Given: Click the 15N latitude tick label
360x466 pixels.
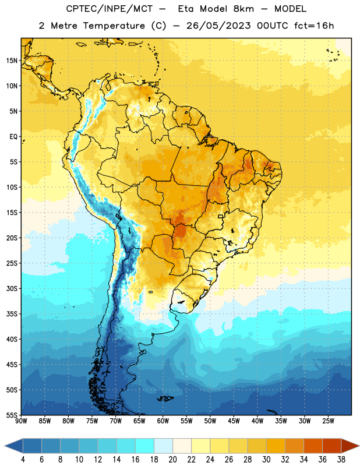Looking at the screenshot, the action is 12,61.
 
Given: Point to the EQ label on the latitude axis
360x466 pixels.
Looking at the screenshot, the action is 13,137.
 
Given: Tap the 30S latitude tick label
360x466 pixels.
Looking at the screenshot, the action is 12,288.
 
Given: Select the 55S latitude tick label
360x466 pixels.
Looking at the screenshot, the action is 12,415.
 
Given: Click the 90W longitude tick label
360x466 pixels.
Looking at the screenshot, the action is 21,421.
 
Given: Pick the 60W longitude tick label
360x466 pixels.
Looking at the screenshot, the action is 163,421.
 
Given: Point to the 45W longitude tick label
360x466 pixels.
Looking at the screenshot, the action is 234,421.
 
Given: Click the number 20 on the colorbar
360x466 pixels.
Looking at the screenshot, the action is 172,460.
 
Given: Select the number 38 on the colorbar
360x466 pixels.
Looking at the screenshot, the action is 341,460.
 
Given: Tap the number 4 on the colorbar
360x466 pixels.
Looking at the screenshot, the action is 23,460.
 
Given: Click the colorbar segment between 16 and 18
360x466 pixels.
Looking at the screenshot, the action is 145,446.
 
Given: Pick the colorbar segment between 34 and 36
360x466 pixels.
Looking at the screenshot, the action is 313,446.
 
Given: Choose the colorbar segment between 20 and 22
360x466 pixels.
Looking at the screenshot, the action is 182,446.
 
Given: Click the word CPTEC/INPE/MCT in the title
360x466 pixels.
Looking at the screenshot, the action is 109,9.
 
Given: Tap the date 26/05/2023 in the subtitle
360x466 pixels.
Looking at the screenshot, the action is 219,26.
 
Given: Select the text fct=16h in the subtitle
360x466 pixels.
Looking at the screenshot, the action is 314,26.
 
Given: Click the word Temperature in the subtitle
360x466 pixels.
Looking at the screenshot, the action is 114,26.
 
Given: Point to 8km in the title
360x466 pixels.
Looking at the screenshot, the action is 243,9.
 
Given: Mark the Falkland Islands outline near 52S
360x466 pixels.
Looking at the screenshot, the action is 165,398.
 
